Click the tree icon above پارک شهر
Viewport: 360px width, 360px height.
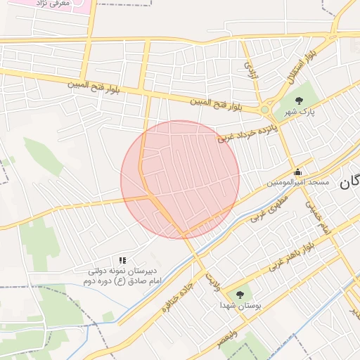point(300,100)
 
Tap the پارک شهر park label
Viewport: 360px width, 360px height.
point(300,112)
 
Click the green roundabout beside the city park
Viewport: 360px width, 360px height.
point(265,109)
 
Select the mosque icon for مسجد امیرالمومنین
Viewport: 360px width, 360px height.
point(298,172)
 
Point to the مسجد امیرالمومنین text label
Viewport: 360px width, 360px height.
point(297,183)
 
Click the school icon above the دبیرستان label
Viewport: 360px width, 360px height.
point(123,260)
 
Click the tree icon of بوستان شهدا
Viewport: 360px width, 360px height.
point(240,295)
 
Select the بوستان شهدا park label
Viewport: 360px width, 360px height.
point(240,306)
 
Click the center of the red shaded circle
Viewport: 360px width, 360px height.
point(180,179)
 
